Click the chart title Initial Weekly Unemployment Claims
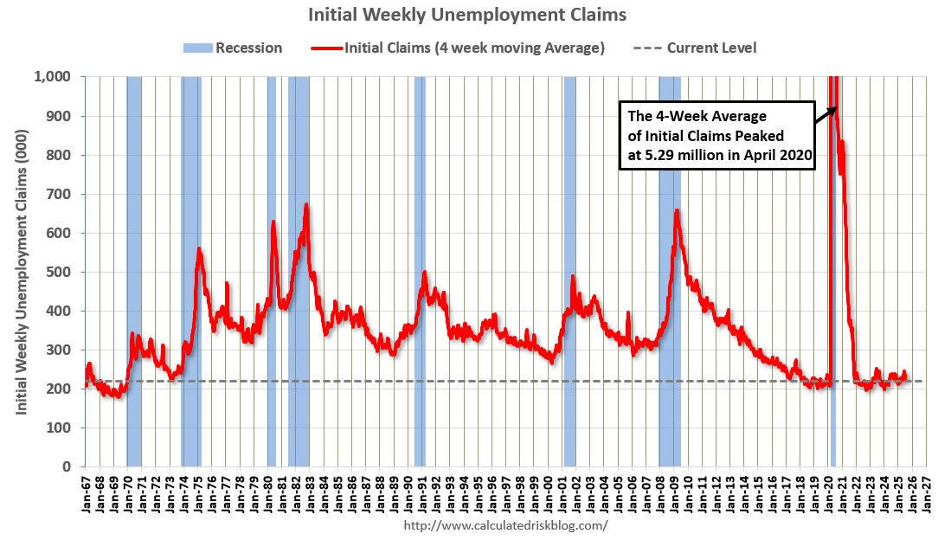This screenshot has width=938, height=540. pyautogui.click(x=467, y=15)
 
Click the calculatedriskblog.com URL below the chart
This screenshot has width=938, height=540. pyautogui.click(x=506, y=525)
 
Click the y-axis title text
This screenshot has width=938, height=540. pyautogui.click(x=22, y=272)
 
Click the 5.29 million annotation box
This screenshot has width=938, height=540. pyautogui.click(x=717, y=136)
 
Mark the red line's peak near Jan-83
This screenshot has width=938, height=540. pyautogui.click(x=306, y=205)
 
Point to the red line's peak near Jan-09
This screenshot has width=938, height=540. pyautogui.click(x=677, y=210)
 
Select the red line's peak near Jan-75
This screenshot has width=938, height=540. pyautogui.click(x=199, y=249)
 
